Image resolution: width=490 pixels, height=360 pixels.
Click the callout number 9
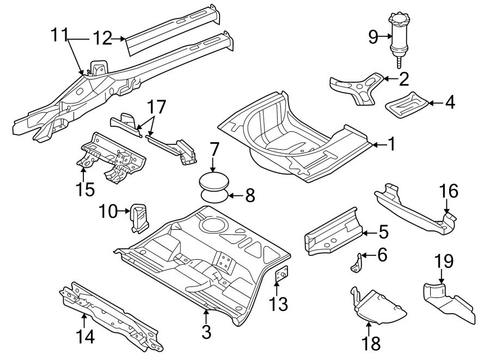pos(373,37)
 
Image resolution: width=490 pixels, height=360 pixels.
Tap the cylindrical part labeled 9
pos(401,35)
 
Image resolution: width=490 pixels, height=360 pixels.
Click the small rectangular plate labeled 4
pos(406,103)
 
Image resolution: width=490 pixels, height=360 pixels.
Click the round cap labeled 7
pos(213,180)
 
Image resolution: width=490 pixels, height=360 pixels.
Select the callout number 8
pos(250,196)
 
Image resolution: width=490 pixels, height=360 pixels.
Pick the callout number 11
pos(60,35)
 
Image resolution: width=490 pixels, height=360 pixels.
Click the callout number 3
pos(206,331)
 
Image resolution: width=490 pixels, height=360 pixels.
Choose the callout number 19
pos(444,261)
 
